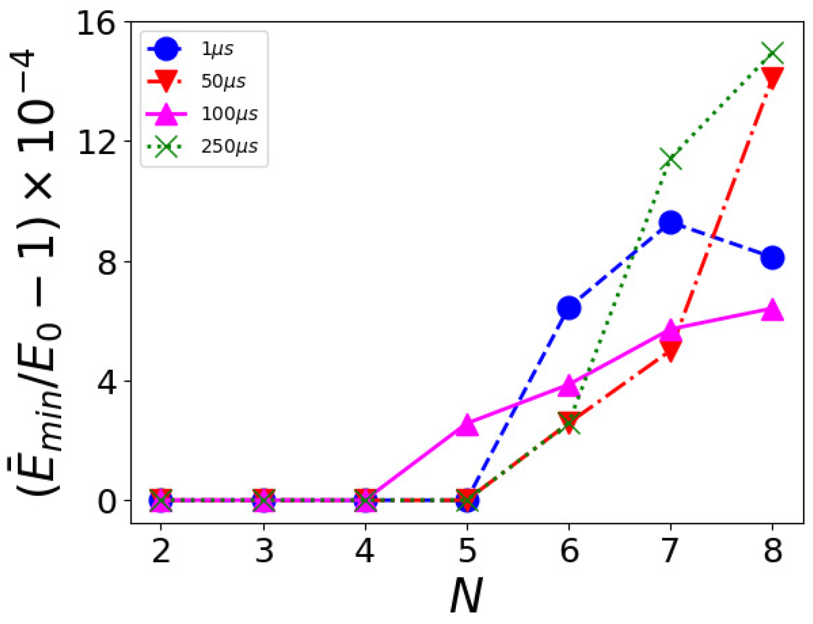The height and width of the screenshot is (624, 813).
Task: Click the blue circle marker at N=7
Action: click(x=671, y=222)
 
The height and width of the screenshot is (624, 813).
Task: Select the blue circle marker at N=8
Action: click(x=772, y=258)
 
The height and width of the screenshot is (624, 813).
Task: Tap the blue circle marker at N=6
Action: click(x=569, y=307)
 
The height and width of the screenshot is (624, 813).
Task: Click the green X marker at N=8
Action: click(x=772, y=53)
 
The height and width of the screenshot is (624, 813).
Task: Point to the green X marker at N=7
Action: click(x=671, y=160)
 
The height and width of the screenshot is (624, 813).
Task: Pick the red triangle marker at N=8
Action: click(x=772, y=78)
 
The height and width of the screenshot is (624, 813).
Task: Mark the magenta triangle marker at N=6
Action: click(x=569, y=385)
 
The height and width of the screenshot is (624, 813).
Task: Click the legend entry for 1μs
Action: click(x=217, y=49)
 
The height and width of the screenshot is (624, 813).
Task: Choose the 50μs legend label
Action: click(x=223, y=81)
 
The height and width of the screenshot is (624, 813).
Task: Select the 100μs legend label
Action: click(x=229, y=114)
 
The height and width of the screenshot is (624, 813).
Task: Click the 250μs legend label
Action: click(x=229, y=146)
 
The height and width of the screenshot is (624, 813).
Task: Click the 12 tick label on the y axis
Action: click(x=96, y=141)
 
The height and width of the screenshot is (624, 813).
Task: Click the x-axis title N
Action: click(x=466, y=596)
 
